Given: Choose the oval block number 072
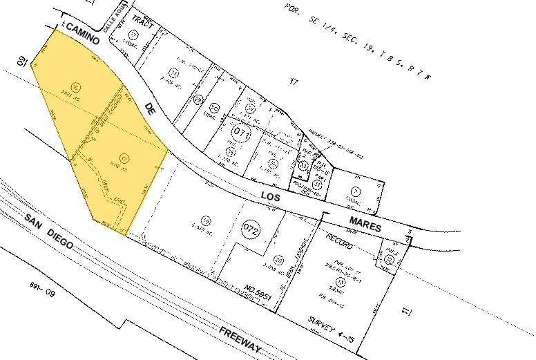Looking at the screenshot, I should coord(251,229).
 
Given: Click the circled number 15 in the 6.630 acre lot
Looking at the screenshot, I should coord(206,220).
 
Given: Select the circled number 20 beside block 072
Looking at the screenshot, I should coord(278,260).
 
